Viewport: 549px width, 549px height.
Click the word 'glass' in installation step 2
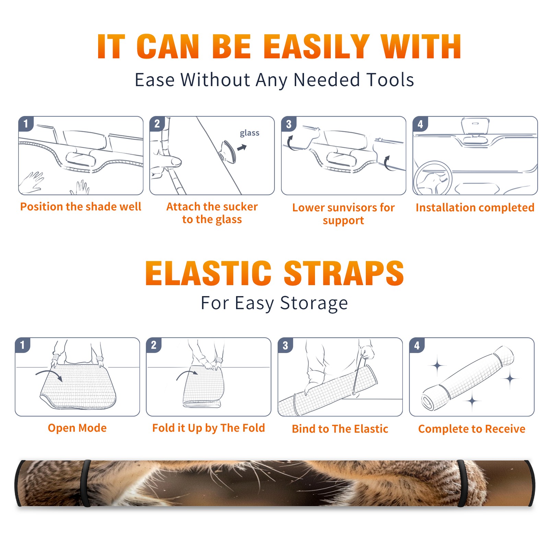coord(249,133)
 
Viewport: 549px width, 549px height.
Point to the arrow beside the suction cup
coord(242,148)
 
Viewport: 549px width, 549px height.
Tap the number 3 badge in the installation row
coord(289,124)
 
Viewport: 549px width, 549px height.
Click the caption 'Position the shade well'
coord(81,207)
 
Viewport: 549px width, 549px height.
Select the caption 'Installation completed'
coord(475,207)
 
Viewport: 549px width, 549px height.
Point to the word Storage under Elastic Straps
coord(314,303)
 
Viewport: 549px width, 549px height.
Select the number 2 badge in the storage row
coord(154,345)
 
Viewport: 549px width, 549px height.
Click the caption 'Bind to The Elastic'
coord(340,429)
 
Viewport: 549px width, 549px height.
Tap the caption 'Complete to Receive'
coord(472,429)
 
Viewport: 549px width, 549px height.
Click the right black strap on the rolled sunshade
coord(462,483)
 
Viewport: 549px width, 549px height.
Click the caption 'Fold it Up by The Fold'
coord(209,428)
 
